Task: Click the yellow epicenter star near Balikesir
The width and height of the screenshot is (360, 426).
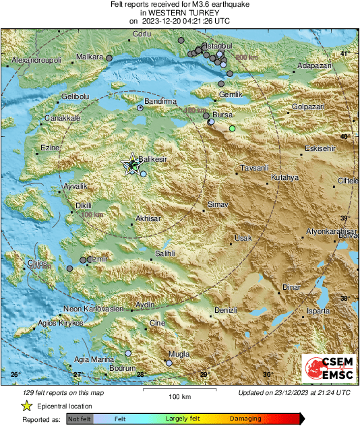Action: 133,164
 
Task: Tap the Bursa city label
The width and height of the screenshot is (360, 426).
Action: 222,115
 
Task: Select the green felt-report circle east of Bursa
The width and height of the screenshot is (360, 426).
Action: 232,128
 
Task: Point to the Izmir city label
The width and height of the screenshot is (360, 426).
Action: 99,258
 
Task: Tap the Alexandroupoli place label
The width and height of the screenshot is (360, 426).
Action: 37,61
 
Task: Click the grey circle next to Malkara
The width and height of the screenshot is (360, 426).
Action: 109,59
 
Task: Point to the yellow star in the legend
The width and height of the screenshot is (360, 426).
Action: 26,406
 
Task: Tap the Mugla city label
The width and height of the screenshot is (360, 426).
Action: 179,354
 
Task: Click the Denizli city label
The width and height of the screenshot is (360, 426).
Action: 225,310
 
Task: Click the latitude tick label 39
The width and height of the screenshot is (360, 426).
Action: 343,218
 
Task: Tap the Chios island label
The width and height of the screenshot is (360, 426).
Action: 36,263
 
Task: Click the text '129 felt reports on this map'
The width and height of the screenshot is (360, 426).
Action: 63,392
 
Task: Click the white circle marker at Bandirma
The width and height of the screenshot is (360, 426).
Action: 140,108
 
